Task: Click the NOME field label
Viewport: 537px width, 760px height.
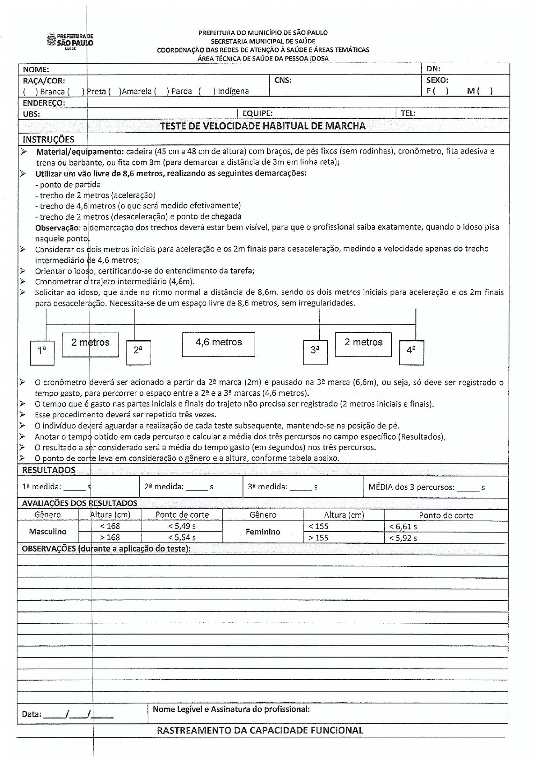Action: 36,70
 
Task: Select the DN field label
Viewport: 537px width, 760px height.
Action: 433,69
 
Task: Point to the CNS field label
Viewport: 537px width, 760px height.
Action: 283,80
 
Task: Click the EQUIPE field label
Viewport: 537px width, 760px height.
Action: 257,114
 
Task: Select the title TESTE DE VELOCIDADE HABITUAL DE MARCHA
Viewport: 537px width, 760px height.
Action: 262,126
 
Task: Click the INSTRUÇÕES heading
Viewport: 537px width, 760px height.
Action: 48,139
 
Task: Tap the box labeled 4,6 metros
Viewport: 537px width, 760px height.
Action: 219,344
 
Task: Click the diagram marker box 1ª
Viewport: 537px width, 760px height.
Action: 42,352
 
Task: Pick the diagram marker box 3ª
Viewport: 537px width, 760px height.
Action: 315,352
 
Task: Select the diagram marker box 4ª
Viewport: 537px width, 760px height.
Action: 411,352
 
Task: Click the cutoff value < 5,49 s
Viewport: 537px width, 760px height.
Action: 182,526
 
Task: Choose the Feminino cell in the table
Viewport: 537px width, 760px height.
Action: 263,532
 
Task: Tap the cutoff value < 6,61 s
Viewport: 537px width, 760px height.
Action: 403,527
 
